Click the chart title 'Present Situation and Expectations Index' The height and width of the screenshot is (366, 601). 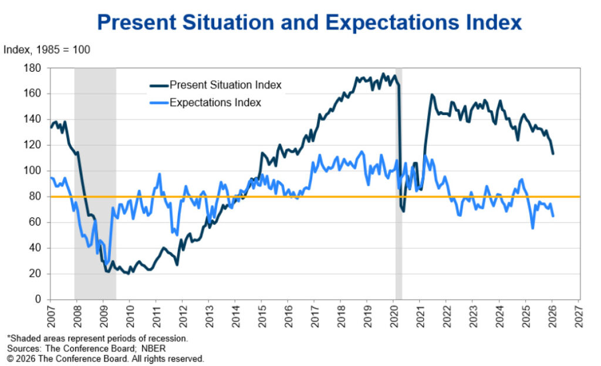point(309,22)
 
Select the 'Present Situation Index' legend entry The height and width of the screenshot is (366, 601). point(225,85)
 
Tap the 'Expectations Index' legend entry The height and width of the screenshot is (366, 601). point(215,102)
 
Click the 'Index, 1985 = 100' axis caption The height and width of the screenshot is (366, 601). point(47,50)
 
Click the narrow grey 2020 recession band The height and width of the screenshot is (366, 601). point(399,235)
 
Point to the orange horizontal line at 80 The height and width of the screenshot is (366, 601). point(293,197)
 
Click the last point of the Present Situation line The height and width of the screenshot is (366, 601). point(553,154)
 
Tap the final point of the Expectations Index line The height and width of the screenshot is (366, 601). point(553,216)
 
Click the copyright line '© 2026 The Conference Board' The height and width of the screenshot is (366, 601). point(106,358)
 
